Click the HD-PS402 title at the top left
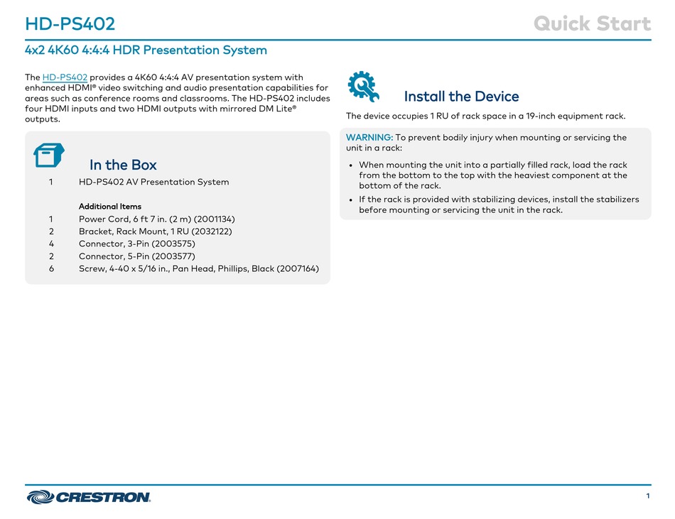70,23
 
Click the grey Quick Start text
593,23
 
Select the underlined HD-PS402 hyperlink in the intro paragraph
65,77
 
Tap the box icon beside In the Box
48,155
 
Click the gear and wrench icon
363,87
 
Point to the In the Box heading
123,165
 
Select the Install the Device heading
461,97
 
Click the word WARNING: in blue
369,138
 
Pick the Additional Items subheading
109,207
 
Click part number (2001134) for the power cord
215,219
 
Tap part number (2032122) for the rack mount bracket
211,231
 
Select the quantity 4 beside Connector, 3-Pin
51,244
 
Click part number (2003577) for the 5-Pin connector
174,256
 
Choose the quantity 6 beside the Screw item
51,269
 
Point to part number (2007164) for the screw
298,269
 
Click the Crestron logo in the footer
88,497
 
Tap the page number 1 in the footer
648,496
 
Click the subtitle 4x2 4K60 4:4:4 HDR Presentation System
146,50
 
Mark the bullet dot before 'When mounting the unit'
351,165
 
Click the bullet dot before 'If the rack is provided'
351,200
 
